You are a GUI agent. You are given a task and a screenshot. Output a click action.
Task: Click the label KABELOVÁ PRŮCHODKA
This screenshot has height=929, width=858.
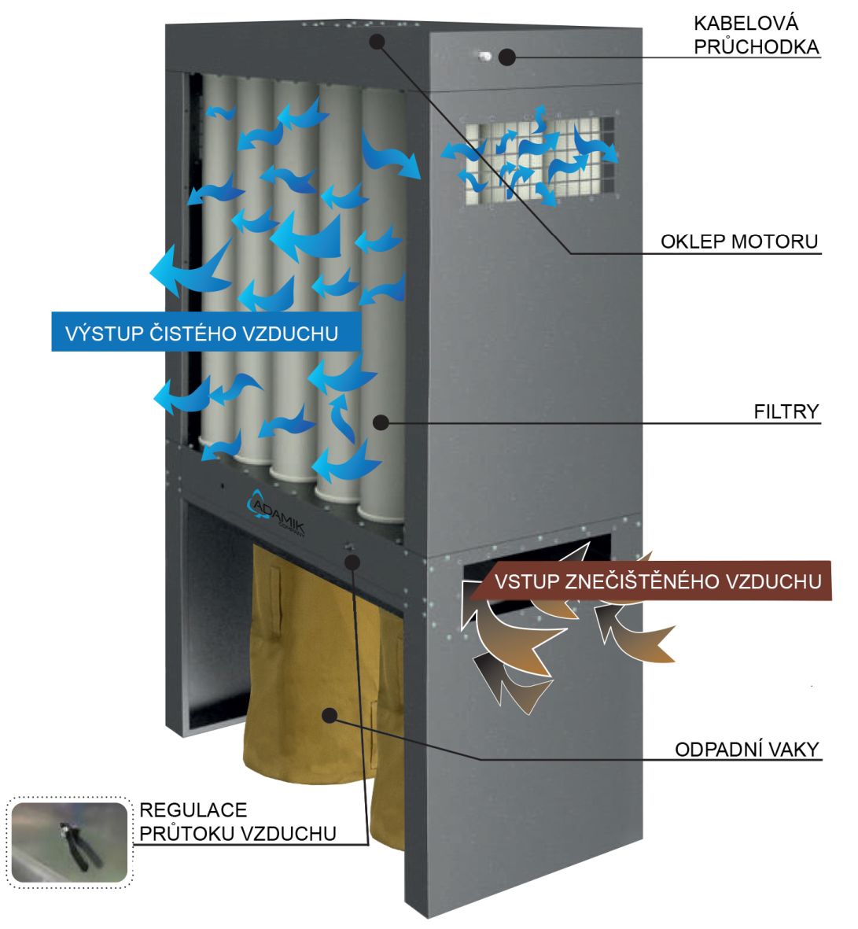tap(756, 35)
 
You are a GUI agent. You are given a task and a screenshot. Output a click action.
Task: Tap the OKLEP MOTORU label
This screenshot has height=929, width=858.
tap(739, 241)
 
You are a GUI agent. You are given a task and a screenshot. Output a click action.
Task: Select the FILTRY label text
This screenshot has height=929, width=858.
tap(786, 411)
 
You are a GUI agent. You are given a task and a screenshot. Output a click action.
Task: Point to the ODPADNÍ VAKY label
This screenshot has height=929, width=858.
tap(747, 749)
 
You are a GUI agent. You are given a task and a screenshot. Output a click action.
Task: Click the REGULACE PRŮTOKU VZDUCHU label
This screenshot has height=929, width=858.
tap(238, 821)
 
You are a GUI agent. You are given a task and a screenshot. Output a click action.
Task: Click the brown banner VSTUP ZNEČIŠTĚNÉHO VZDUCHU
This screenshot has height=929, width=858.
tap(657, 581)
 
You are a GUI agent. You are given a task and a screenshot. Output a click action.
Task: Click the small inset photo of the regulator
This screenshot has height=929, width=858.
tap(68, 841)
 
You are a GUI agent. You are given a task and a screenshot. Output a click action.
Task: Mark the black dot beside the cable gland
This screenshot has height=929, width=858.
tap(507, 57)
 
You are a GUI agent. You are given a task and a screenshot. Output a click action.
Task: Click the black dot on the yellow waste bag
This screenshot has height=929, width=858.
tap(330, 714)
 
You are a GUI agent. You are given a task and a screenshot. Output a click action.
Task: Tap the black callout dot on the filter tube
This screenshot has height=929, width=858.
tap(381, 422)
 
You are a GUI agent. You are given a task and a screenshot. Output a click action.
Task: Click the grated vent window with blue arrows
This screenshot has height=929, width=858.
tap(538, 163)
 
